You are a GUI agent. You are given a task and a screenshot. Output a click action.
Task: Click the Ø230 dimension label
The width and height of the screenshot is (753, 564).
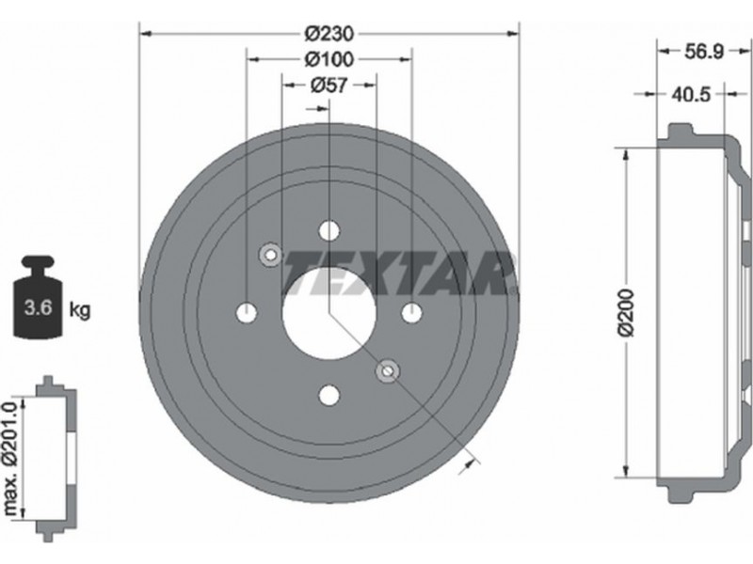328,34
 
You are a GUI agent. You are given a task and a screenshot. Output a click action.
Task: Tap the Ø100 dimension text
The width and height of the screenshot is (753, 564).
328,59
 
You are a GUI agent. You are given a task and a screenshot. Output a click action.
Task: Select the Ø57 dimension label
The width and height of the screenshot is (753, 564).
328,85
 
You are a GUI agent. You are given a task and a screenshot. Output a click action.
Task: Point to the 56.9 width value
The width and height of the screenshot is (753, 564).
703,52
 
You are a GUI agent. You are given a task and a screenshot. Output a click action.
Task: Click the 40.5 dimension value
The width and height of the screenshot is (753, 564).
691,94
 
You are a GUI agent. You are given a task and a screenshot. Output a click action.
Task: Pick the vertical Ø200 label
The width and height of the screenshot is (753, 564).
627,313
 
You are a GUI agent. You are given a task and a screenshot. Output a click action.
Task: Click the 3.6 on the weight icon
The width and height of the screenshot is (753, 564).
39,306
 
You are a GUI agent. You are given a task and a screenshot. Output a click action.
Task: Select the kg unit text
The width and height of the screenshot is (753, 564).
80,310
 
